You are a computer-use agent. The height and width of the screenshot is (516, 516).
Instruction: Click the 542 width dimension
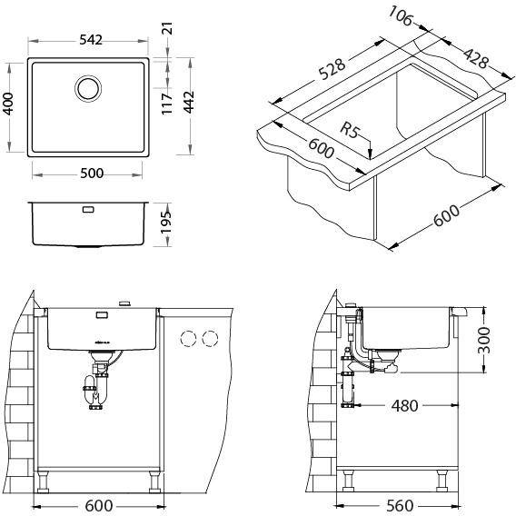pos(91,40)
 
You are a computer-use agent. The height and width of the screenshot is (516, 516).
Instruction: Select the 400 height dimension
pos(8,104)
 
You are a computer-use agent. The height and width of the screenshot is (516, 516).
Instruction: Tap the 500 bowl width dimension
pos(92,174)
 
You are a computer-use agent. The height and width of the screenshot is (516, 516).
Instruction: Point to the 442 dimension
pos(189,103)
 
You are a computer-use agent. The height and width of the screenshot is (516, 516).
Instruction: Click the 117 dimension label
pos(167,104)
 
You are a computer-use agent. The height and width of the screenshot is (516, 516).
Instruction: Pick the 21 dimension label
pos(167,28)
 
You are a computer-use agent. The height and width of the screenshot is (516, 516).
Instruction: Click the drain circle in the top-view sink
pos(88,88)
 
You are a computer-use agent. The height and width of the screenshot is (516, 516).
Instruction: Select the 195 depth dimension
pos(166,223)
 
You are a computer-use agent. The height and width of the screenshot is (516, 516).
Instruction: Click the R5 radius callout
pos(350,130)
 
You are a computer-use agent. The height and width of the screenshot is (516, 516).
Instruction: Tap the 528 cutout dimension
pos(332,69)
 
